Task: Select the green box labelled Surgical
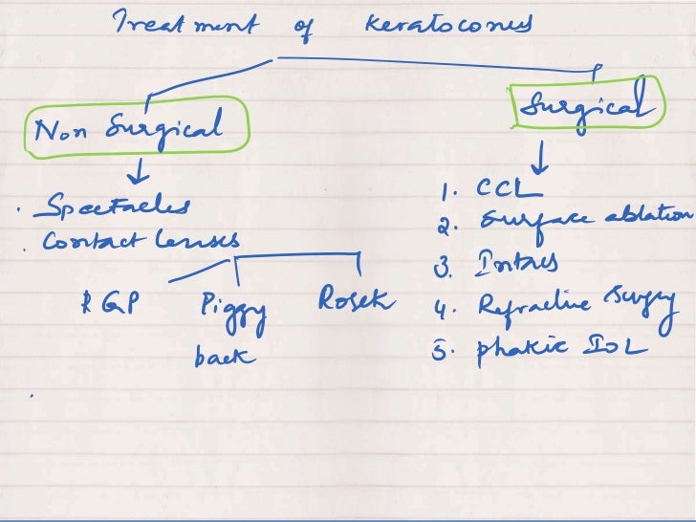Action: tap(588, 102)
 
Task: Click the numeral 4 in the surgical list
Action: tap(441, 308)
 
